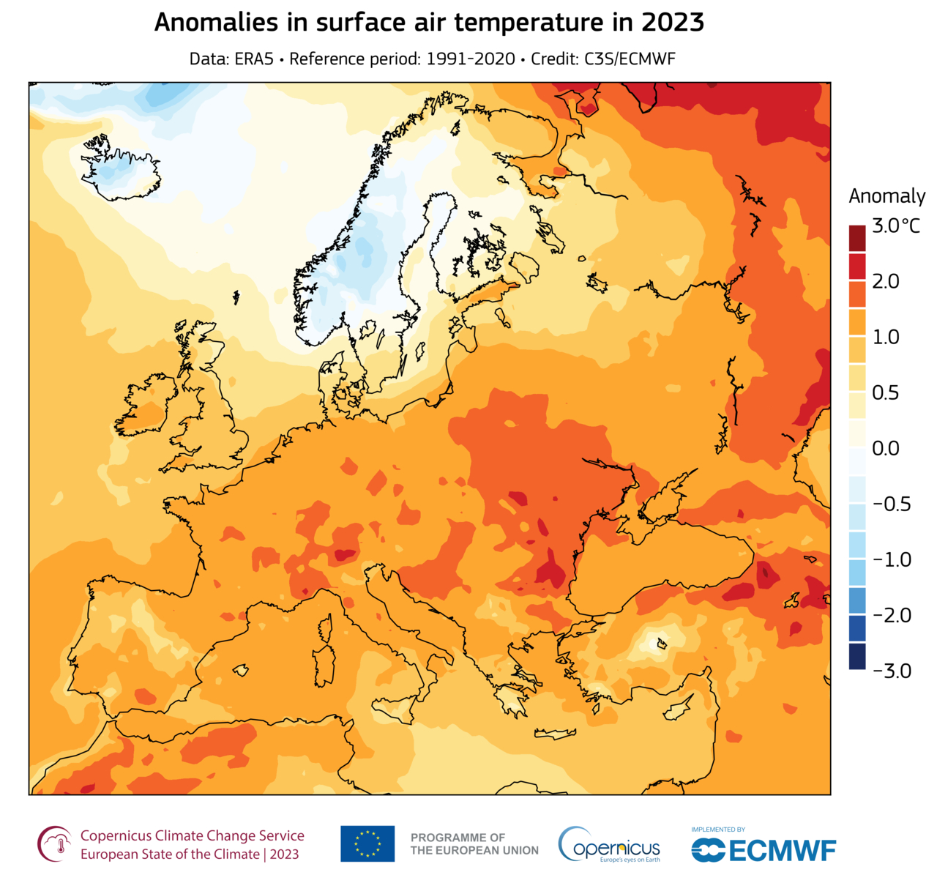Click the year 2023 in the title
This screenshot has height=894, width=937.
pyautogui.click(x=673, y=23)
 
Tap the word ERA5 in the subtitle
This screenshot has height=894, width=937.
pyautogui.click(x=254, y=59)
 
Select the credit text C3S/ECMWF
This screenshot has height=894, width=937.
pyautogui.click(x=630, y=59)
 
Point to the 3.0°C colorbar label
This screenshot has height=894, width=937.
pyautogui.click(x=895, y=226)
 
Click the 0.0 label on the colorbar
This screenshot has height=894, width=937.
pyautogui.click(x=886, y=448)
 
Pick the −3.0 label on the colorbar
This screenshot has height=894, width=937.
pyautogui.click(x=891, y=671)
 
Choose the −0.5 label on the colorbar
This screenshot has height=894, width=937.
pyautogui.click(x=891, y=504)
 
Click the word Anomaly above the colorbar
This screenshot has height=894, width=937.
pyautogui.click(x=886, y=196)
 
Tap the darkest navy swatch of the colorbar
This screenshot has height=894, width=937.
pyautogui.click(x=857, y=657)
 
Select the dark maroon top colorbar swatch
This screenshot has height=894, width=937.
pyautogui.click(x=857, y=239)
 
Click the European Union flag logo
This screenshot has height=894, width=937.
pyautogui.click(x=367, y=843)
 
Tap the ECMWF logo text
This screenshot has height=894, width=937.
pyautogui.click(x=782, y=851)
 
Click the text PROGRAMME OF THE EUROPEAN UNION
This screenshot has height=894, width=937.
pyautogui.click(x=474, y=843)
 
